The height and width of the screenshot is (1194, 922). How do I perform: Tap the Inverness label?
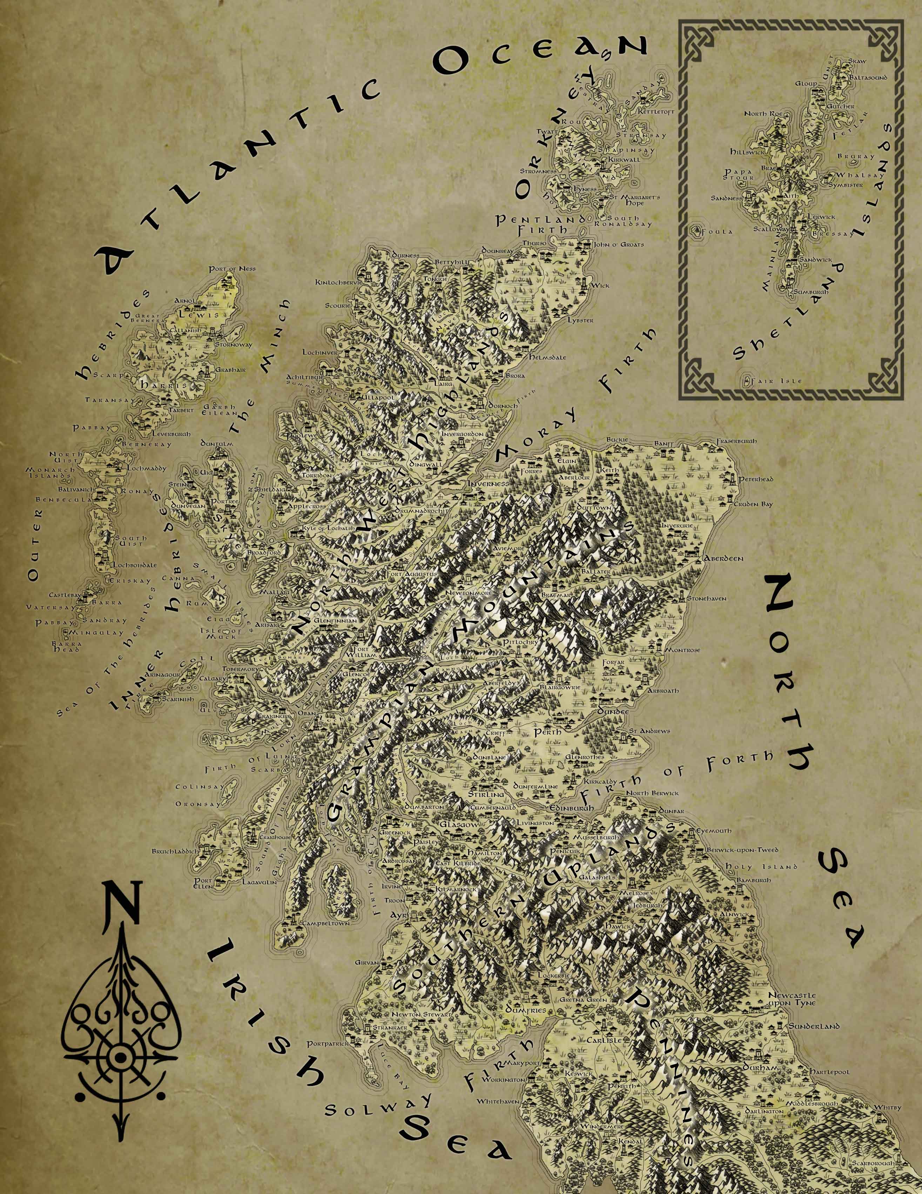[489, 483]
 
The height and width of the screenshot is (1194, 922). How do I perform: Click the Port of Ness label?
[232, 269]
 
